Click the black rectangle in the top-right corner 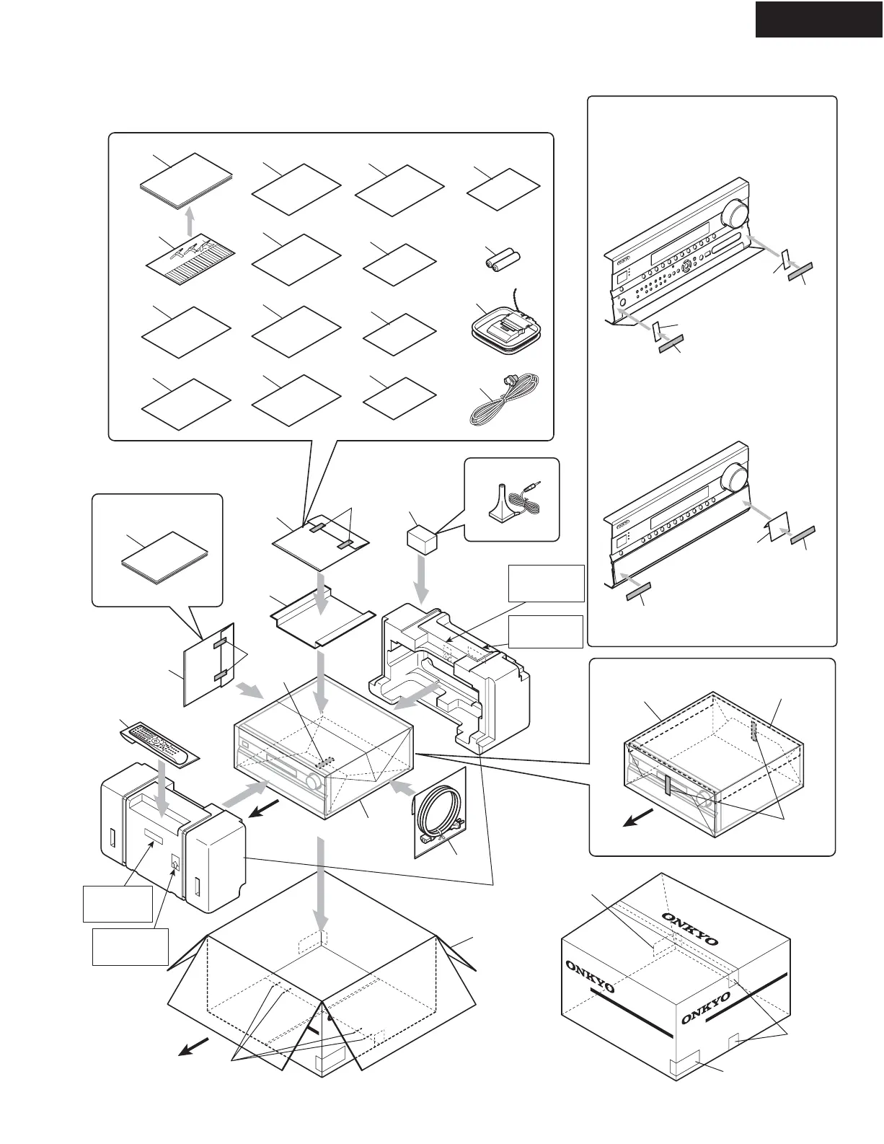tap(819, 19)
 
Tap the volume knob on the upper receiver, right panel tap(736, 214)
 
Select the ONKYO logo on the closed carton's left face tap(591, 977)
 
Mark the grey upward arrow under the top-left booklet tap(190, 223)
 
